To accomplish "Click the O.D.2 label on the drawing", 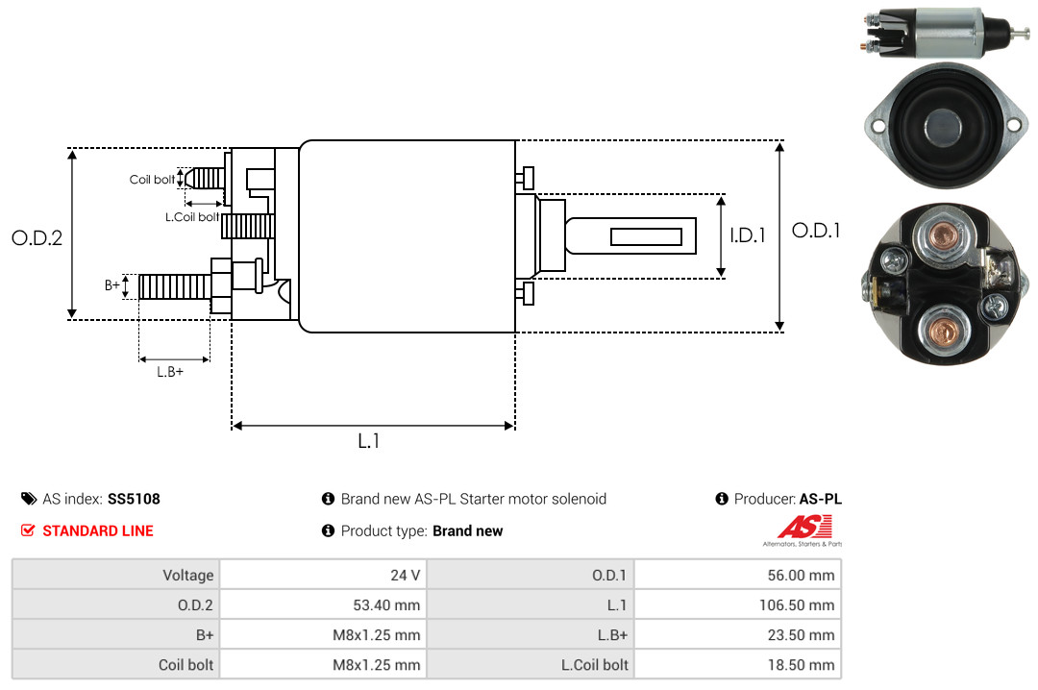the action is pos(37,237).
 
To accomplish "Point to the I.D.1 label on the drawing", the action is pos(748,235).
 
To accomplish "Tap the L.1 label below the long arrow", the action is pos(369,441).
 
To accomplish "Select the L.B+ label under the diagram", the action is pos(170,372).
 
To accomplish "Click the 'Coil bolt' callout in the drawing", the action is pos(152,180).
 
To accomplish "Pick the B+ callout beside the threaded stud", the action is pos(111,285).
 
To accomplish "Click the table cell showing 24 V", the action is pos(406,575).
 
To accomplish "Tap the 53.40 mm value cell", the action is pos(386,605).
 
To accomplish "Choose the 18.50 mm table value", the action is pos(801,665).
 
